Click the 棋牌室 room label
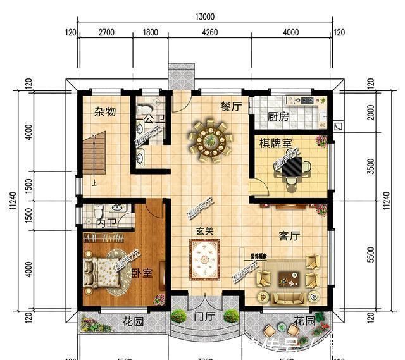(x=275, y=144)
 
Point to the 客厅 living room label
(x=289, y=235)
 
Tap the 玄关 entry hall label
(x=205, y=232)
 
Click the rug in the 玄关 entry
(x=205, y=259)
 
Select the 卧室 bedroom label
(x=142, y=273)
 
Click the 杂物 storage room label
(x=105, y=111)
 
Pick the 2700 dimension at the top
(x=106, y=33)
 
